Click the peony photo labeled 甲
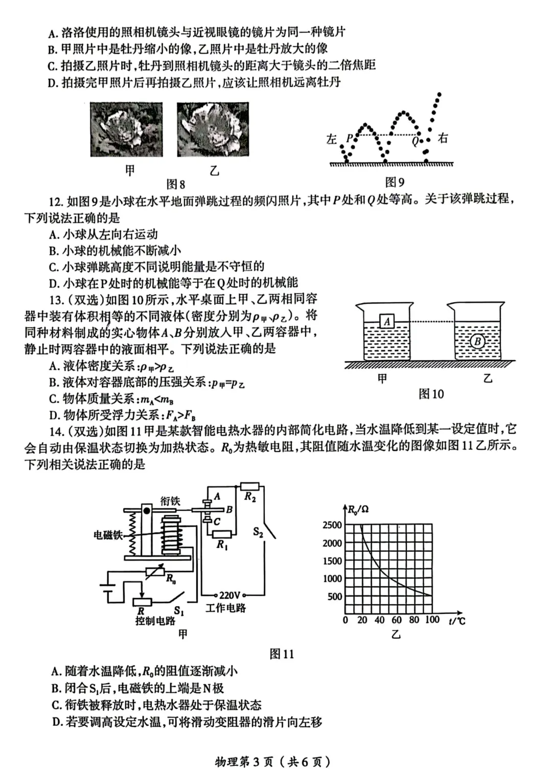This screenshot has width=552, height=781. (126, 129)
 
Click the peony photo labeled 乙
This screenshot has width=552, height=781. (213, 129)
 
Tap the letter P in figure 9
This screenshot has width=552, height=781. (350, 138)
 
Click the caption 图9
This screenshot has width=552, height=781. (395, 182)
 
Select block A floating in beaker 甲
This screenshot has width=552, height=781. (387, 321)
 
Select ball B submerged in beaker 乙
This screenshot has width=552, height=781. (477, 341)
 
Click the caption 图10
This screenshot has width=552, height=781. (431, 394)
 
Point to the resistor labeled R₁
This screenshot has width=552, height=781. (222, 534)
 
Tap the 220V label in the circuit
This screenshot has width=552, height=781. (229, 595)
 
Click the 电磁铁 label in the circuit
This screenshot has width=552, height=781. (108, 535)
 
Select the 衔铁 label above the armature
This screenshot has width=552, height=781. (170, 501)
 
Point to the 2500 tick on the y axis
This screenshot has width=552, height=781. (332, 525)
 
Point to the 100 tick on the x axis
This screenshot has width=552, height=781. (432, 619)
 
